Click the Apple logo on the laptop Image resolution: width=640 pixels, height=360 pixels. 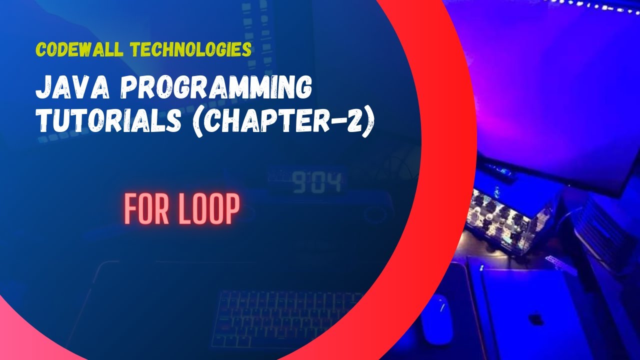point(536,319)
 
